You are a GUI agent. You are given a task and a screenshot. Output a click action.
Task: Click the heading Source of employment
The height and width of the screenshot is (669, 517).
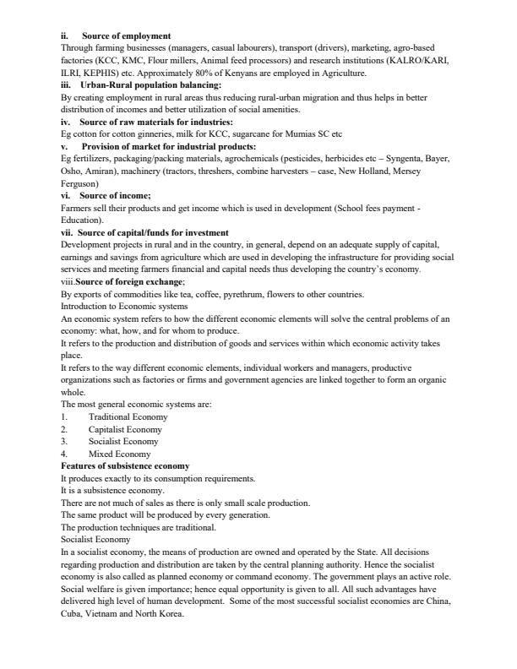[126, 36]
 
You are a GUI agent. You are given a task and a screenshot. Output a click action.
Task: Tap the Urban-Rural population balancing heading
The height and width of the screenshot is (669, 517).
[150, 85]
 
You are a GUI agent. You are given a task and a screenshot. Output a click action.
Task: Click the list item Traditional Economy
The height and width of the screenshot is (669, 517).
[128, 416]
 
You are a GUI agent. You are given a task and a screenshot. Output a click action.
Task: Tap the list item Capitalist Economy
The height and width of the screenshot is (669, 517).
[127, 429]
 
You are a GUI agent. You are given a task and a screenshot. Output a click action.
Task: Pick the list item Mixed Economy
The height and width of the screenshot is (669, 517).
[119, 454]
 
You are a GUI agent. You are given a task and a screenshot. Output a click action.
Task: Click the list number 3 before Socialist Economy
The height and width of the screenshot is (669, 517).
[64, 441]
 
